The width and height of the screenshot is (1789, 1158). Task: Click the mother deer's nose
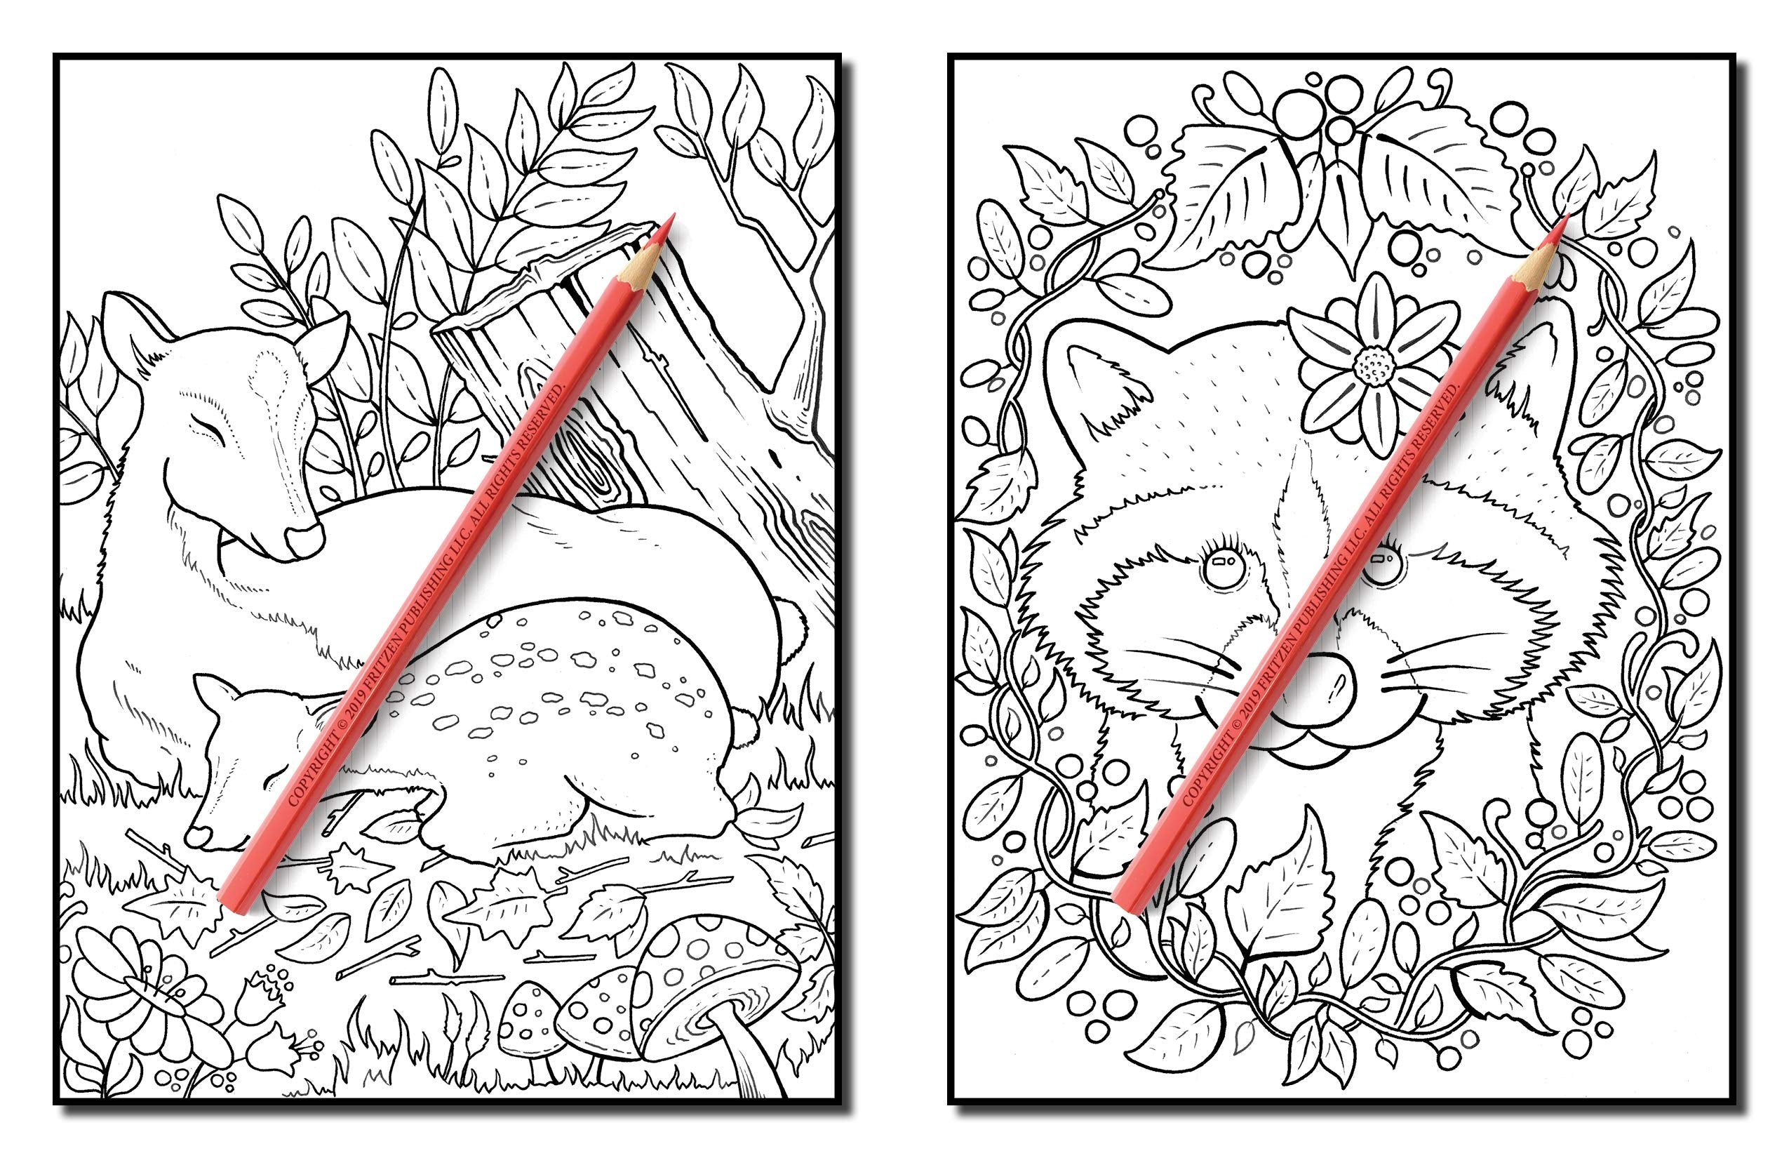[304, 538]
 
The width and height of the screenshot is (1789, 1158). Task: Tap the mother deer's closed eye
[206, 430]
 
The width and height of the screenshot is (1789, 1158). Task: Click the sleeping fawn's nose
[197, 834]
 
